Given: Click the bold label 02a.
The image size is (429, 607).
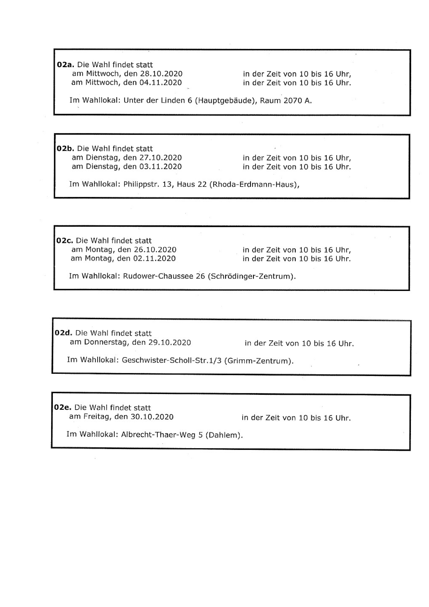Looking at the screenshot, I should pos(66,65).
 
